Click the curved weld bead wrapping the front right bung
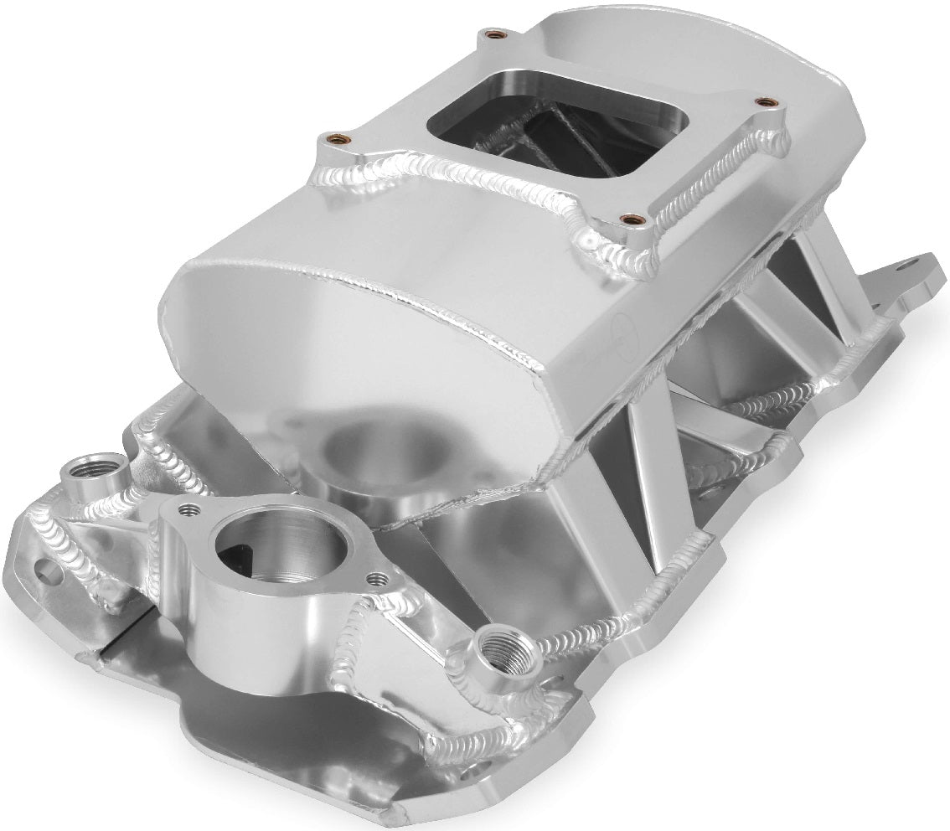536,653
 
